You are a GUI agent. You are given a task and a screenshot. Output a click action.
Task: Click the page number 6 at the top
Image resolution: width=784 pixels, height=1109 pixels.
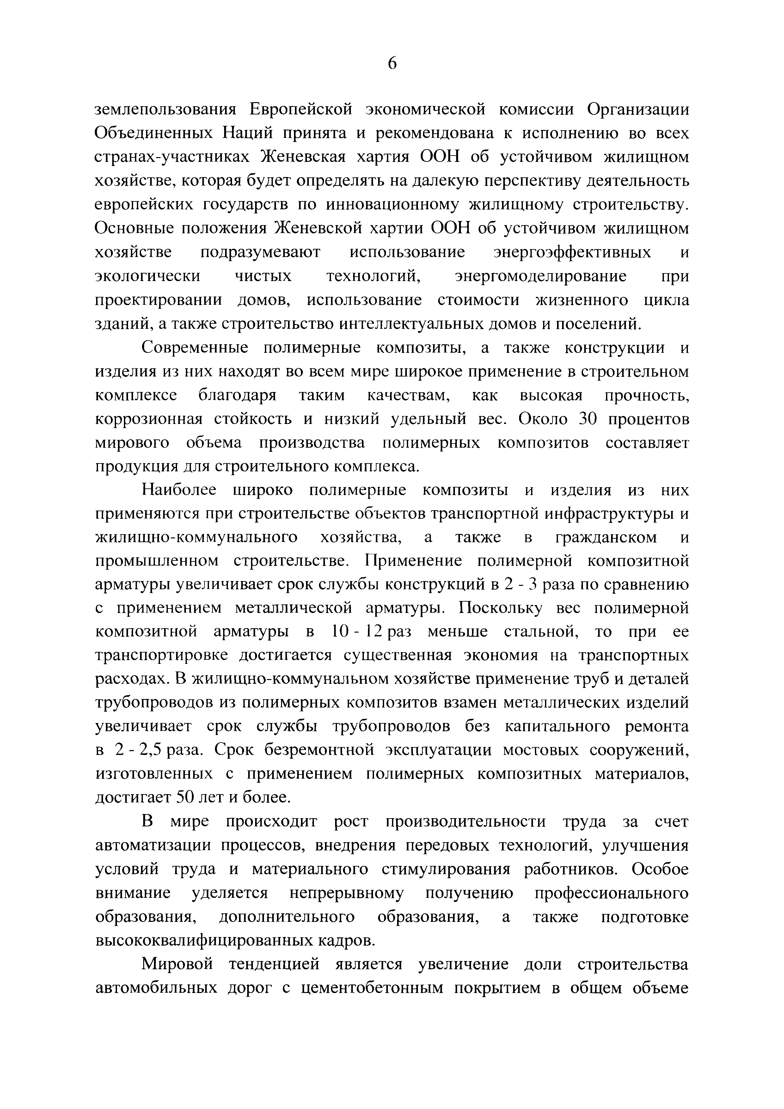tap(392, 63)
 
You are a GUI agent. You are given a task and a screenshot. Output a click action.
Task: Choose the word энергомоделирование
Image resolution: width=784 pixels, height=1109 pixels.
tap(541, 276)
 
